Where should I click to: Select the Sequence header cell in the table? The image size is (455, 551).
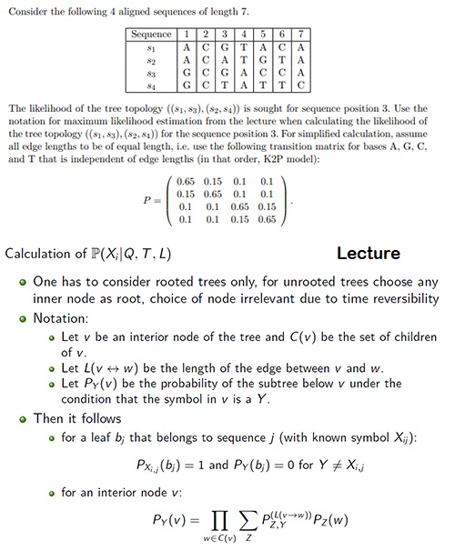pyautogui.click(x=150, y=35)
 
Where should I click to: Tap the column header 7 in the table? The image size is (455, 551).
pyautogui.click(x=301, y=35)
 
